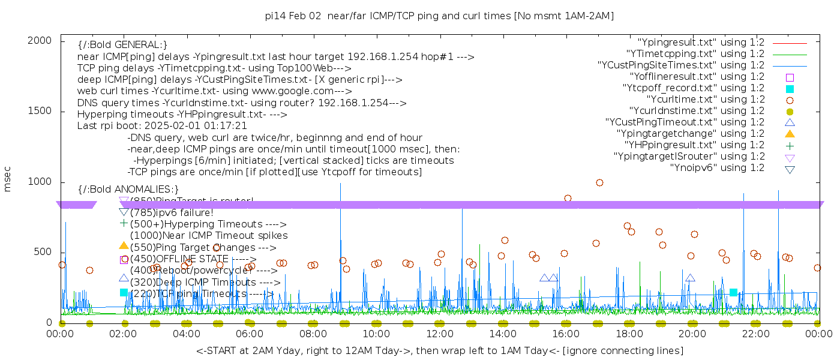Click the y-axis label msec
point(8,180)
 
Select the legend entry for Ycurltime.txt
point(705,99)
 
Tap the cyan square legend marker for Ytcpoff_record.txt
point(790,88)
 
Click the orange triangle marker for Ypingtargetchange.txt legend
point(790,133)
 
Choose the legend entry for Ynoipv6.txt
point(717,167)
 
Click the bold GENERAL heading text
point(122,45)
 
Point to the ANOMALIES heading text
point(128,189)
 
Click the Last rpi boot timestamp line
point(162,126)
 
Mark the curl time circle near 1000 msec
point(599,182)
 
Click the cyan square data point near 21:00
point(733,292)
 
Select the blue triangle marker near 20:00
point(690,278)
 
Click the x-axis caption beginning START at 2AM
point(439,350)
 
